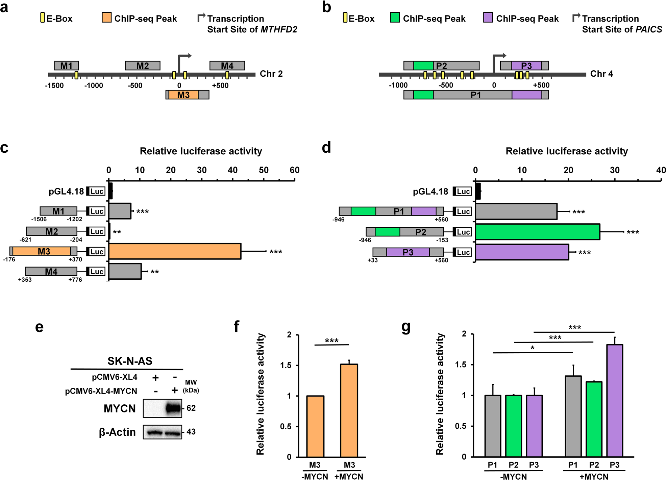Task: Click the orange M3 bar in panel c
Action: [175, 251]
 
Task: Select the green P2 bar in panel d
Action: [537, 232]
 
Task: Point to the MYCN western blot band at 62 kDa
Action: [173, 408]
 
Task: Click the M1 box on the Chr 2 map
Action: [66, 66]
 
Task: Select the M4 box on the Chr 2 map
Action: [227, 66]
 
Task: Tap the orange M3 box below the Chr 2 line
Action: [183, 95]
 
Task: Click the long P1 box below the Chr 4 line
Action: [476, 95]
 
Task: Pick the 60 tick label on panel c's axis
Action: [294, 170]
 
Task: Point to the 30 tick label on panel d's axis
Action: [615, 170]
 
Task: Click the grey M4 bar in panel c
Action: [125, 272]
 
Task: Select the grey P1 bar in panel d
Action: [516, 212]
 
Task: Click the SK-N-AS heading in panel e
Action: [130, 361]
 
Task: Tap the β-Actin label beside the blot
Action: [117, 432]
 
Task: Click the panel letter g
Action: [406, 327]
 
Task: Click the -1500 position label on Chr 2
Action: [54, 85]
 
